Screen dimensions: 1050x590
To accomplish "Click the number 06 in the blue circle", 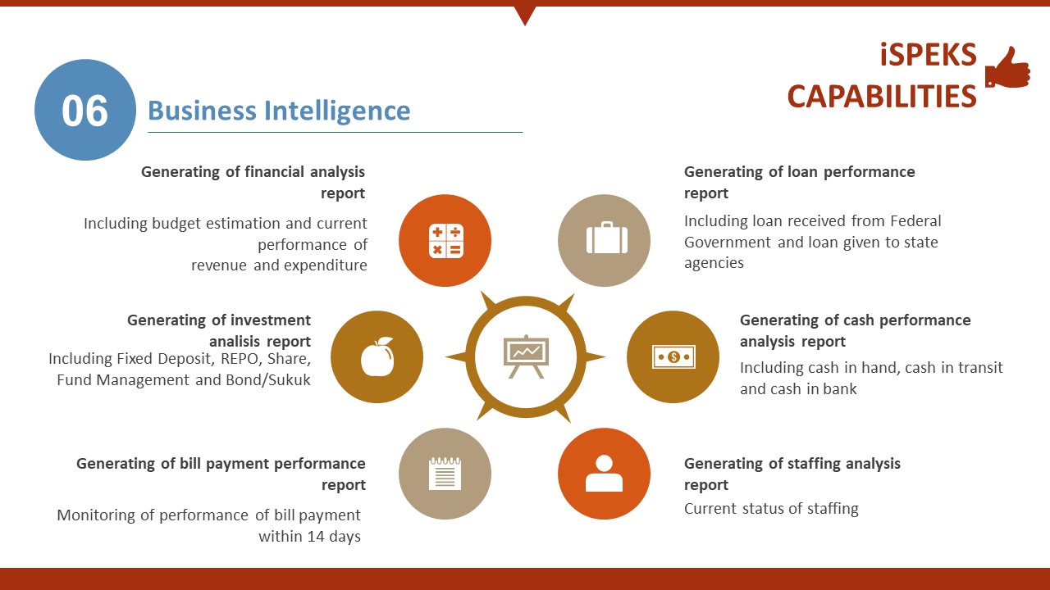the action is click(x=84, y=111).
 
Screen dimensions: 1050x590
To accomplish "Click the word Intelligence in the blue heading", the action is click(x=337, y=111).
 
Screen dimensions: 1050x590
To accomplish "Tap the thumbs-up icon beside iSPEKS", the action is click(x=1007, y=68).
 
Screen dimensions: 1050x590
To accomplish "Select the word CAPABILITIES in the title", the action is click(x=882, y=97).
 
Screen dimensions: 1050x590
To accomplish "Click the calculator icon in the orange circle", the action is click(x=445, y=241).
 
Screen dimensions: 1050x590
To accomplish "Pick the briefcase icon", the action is click(x=606, y=238).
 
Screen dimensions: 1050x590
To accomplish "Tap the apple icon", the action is click(x=377, y=356).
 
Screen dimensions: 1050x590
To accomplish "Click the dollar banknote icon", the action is click(x=673, y=356).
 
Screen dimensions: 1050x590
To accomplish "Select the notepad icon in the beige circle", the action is click(x=445, y=474).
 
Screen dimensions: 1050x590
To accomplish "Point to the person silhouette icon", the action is click(x=605, y=473).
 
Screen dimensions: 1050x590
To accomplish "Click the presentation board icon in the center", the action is click(x=526, y=356).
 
